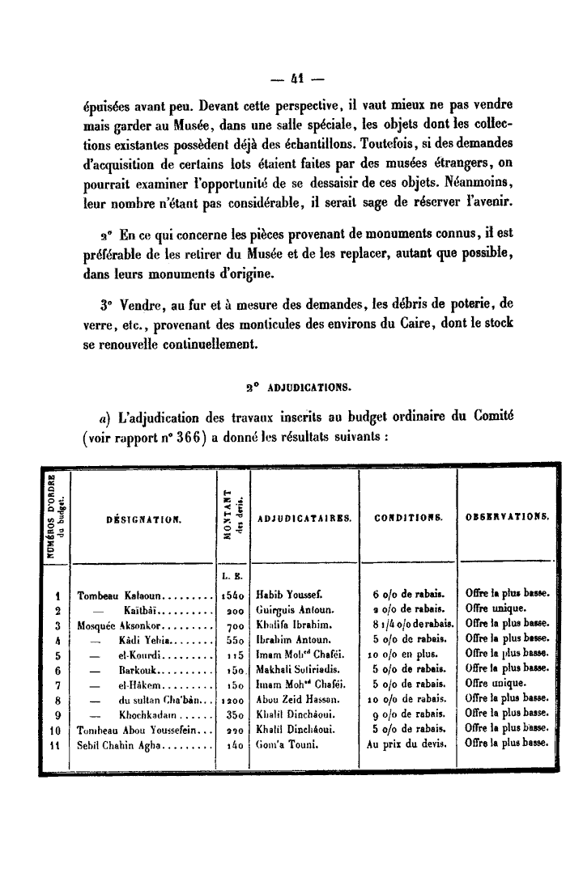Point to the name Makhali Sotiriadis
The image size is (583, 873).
(296, 669)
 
